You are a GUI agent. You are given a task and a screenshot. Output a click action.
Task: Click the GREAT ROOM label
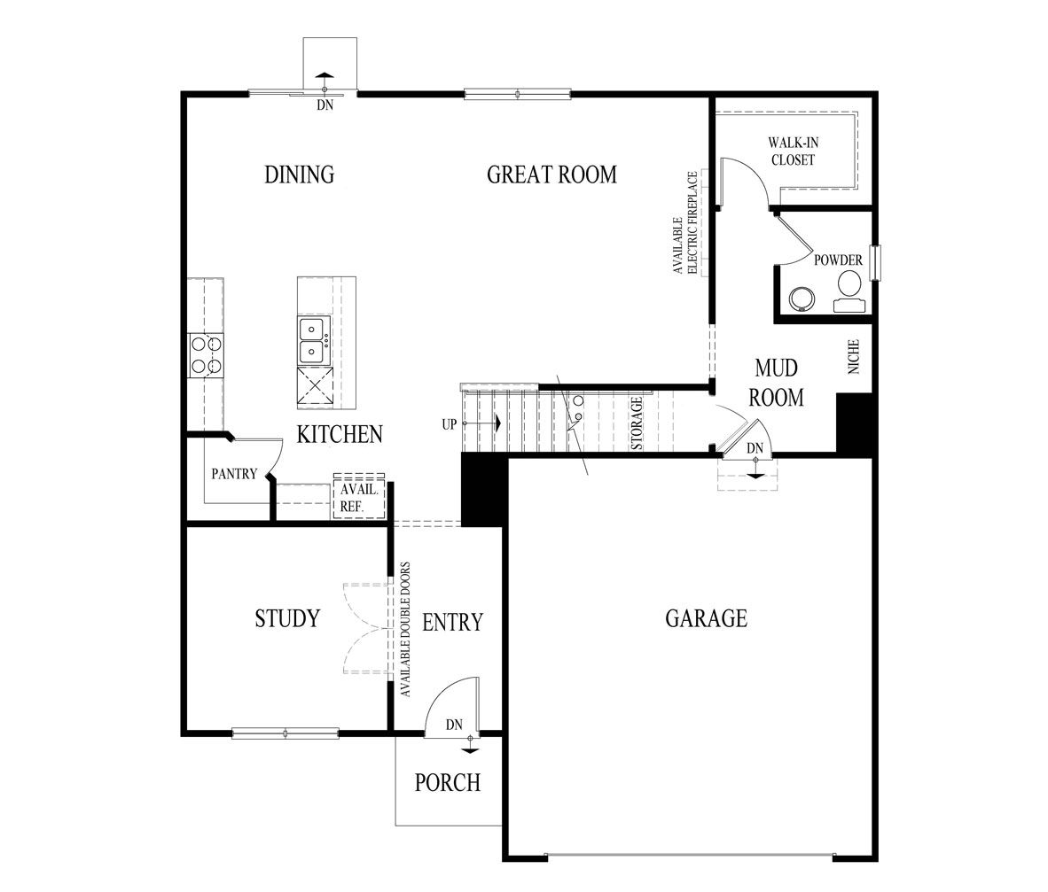(551, 175)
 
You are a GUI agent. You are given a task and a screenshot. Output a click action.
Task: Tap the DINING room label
(300, 175)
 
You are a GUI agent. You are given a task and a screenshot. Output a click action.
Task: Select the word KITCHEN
(340, 434)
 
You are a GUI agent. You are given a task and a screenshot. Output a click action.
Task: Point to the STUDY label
(286, 618)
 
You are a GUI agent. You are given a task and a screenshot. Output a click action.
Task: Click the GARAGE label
(706, 618)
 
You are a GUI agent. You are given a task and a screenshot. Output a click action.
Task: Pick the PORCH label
(448, 783)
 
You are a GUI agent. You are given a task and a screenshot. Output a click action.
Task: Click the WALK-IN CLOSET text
(791, 151)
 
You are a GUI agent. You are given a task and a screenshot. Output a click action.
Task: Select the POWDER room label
(838, 260)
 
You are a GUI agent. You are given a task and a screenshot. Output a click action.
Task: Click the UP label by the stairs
(450, 424)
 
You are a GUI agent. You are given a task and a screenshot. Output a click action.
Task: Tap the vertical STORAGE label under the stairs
(637, 424)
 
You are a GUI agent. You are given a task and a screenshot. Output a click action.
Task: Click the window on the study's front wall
(285, 733)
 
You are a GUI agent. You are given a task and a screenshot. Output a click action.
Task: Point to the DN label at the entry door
(454, 725)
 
